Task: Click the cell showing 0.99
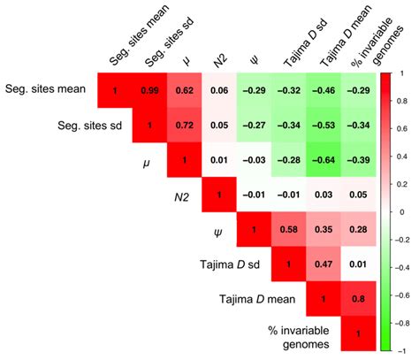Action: [x=149, y=90]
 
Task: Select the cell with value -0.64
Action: [x=323, y=160]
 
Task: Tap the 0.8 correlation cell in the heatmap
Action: [x=357, y=299]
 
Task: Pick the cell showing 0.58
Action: [x=287, y=230]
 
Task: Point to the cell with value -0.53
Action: [x=323, y=126]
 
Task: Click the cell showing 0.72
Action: [x=184, y=126]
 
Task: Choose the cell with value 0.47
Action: [x=323, y=264]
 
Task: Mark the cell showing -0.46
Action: [x=323, y=90]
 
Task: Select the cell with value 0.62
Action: [x=184, y=90]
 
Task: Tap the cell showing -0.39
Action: [x=357, y=160]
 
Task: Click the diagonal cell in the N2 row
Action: [x=218, y=195]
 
